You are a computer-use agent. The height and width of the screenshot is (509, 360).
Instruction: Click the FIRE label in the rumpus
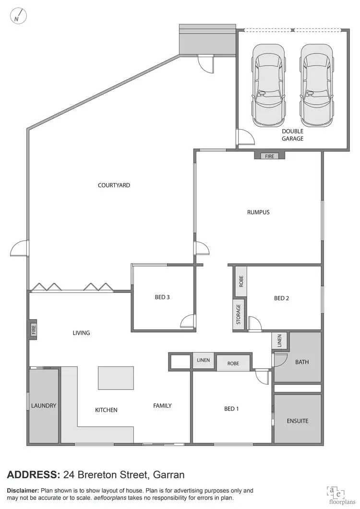269,156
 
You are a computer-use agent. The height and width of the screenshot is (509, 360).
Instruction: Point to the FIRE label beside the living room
33,330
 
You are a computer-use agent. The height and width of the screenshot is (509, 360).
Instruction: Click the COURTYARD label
114,185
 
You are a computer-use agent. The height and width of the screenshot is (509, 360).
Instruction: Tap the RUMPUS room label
258,212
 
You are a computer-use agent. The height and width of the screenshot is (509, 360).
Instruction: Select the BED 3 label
162,297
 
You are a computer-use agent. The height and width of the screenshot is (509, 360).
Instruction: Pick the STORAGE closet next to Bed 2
239,314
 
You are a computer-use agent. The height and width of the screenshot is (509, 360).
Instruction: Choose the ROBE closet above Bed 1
233,364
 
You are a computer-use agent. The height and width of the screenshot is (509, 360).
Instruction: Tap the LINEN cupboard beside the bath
279,341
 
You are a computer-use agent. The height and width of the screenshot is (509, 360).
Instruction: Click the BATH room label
302,362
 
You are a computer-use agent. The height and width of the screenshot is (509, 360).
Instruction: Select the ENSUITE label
297,421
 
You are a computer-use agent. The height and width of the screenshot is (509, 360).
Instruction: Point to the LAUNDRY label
44,406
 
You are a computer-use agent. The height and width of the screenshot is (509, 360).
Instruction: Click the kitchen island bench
116,378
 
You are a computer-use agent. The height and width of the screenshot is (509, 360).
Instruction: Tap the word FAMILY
162,406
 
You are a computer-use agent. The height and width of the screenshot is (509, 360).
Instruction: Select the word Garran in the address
169,475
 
